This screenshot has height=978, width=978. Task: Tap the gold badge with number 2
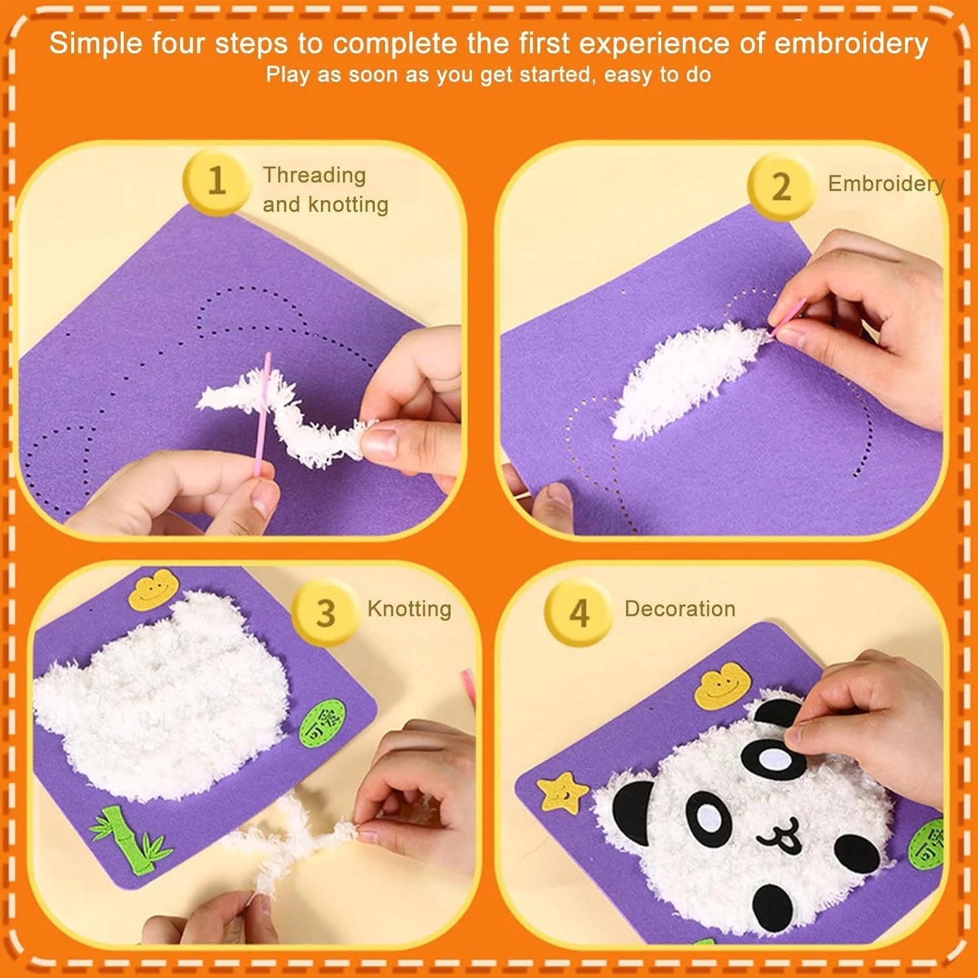pos(781,187)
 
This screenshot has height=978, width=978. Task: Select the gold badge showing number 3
pos(326,613)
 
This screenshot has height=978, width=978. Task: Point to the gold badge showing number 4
pos(579,613)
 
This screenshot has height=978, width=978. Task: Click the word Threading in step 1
pos(314,175)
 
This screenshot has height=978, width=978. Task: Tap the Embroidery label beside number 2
pos(885,183)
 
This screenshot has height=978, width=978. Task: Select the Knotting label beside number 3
pos(409,608)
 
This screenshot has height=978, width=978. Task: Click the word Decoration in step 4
pos(680,608)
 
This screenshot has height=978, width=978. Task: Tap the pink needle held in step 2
pos(788,315)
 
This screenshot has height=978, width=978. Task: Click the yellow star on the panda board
pos(562,793)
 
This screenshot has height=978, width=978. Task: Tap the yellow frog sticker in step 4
pos(723,688)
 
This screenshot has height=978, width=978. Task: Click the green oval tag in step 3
pos(322,725)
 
